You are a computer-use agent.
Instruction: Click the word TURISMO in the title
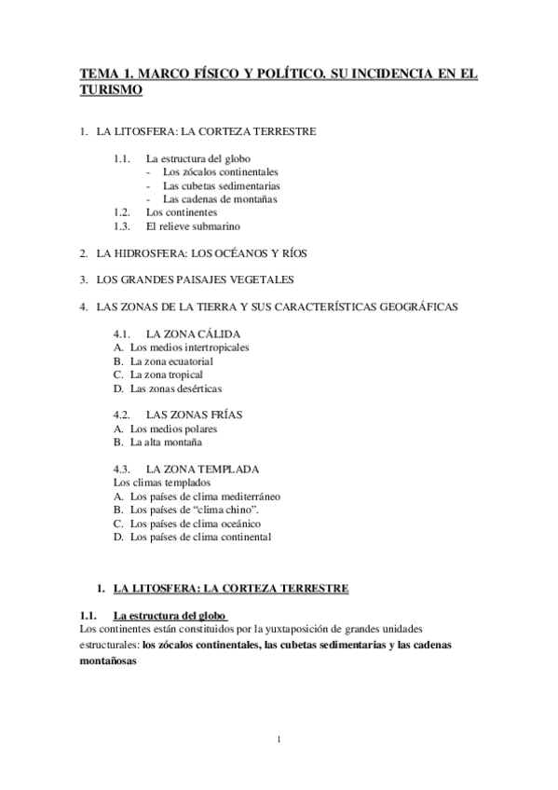(x=110, y=90)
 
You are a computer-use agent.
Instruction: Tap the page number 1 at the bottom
(x=279, y=741)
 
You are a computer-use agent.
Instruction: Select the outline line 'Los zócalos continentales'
(x=220, y=172)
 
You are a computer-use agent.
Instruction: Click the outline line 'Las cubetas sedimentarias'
(x=221, y=185)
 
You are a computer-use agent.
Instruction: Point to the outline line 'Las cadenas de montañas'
(x=219, y=198)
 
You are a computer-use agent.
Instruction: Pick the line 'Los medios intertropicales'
(x=189, y=347)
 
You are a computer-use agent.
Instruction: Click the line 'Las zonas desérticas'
(x=176, y=388)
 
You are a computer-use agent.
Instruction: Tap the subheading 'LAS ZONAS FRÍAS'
(x=195, y=415)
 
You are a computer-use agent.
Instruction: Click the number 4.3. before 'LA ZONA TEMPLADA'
(x=121, y=469)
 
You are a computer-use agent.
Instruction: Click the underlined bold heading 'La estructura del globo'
(x=167, y=617)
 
